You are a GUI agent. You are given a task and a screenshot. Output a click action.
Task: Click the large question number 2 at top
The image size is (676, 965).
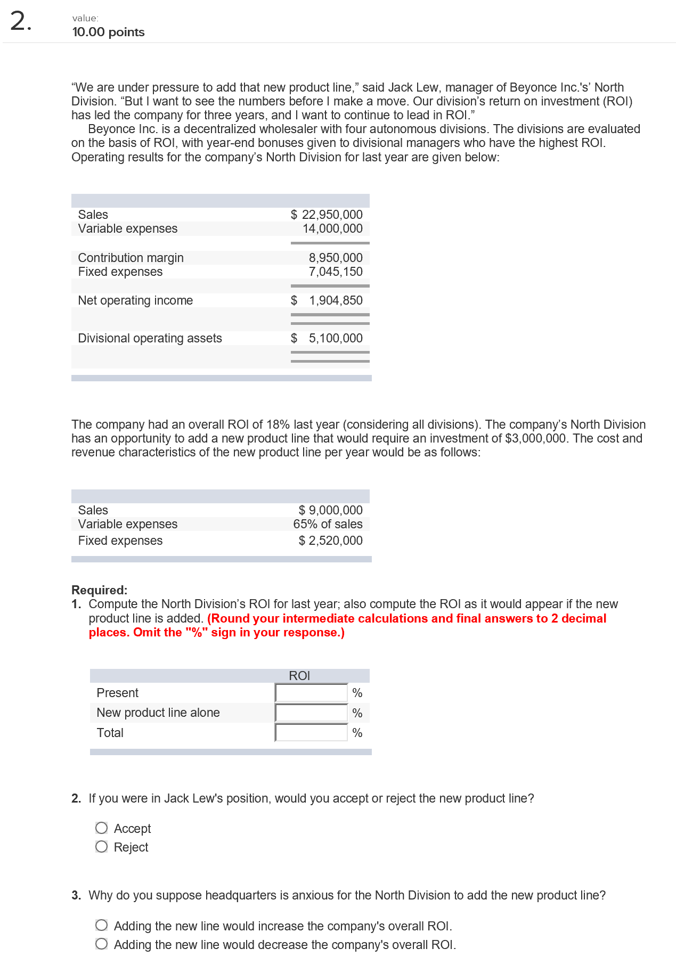pyautogui.click(x=19, y=22)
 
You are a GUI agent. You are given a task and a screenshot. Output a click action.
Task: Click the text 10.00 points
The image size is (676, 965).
pyautogui.click(x=108, y=32)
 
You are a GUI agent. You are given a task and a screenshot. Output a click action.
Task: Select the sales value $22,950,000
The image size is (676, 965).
pyautogui.click(x=327, y=215)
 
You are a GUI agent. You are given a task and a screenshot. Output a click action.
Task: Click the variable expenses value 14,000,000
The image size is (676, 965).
pyautogui.click(x=332, y=228)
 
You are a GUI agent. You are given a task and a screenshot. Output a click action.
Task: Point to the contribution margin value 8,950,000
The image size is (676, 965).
pyautogui.click(x=336, y=258)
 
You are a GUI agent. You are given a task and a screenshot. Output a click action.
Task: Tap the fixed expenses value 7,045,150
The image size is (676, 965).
pyautogui.click(x=336, y=272)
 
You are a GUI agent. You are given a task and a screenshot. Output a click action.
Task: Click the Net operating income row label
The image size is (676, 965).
pyautogui.click(x=135, y=300)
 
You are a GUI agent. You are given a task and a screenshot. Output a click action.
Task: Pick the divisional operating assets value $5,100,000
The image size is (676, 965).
pyautogui.click(x=327, y=338)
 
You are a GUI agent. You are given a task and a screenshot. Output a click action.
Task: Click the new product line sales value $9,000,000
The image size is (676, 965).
pyautogui.click(x=330, y=510)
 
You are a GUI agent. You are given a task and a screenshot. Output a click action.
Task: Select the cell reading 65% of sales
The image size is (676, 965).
pyautogui.click(x=328, y=524)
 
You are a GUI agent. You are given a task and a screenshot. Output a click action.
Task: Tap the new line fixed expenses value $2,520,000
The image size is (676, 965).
pyautogui.click(x=330, y=541)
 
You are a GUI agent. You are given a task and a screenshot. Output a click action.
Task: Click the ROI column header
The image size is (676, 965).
pyautogui.click(x=299, y=676)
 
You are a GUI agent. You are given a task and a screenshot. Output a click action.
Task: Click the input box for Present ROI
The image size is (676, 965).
pyautogui.click(x=312, y=693)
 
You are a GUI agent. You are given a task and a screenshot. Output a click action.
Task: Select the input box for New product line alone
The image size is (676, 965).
pyautogui.click(x=312, y=713)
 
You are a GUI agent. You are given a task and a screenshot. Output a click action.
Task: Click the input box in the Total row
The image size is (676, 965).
pyautogui.click(x=312, y=733)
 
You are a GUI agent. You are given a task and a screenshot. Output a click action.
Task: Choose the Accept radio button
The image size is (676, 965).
pyautogui.click(x=102, y=828)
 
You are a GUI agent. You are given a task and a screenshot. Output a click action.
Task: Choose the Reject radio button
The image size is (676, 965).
pyautogui.click(x=102, y=847)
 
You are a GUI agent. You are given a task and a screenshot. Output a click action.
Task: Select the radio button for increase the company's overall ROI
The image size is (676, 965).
pyautogui.click(x=102, y=926)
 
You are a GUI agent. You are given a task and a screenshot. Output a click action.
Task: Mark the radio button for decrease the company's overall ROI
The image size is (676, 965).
pyautogui.click(x=102, y=944)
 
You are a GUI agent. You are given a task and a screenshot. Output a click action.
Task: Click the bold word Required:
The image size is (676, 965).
pyautogui.click(x=100, y=590)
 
